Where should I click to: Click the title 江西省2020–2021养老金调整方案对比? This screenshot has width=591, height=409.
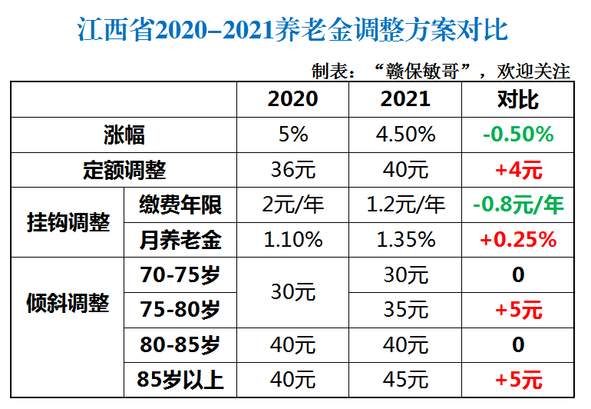293,31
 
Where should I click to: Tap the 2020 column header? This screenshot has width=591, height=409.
292,100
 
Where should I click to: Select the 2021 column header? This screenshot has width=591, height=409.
405,100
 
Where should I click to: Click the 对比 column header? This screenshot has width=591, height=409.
518,100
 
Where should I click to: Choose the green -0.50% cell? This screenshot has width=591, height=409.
518,135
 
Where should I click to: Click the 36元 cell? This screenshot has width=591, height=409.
292,170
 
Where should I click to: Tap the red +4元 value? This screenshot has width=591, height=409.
518,170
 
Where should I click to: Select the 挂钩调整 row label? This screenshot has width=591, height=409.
68,223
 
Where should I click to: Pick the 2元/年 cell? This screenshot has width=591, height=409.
292,205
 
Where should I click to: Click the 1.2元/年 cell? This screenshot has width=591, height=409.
405,205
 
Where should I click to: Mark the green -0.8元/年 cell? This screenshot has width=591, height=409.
518,205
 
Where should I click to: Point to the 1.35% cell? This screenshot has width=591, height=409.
405,240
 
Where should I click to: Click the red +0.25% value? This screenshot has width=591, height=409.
518,240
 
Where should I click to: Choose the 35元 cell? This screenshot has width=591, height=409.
405,309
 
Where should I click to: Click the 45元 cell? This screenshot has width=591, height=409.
405,379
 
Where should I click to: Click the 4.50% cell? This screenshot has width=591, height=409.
405,135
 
